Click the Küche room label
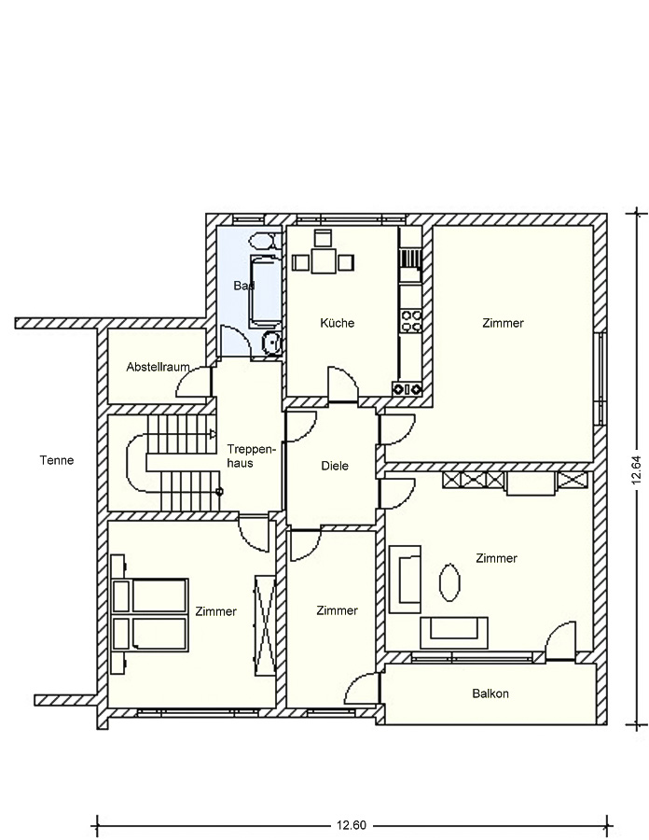point(337,323)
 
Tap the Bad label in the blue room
point(243,286)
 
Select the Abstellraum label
point(158,367)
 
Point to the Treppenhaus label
point(246,455)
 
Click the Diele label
point(335,466)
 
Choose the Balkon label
point(490,693)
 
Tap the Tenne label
point(57,460)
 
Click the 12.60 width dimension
point(352,825)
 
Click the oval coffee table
point(449,582)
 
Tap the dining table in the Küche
point(324,260)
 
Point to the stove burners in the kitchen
point(411,321)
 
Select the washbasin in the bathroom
point(271,343)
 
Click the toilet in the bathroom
point(266,241)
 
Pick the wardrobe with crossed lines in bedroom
point(265,625)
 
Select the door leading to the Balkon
point(560,640)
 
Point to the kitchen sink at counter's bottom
point(407,389)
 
